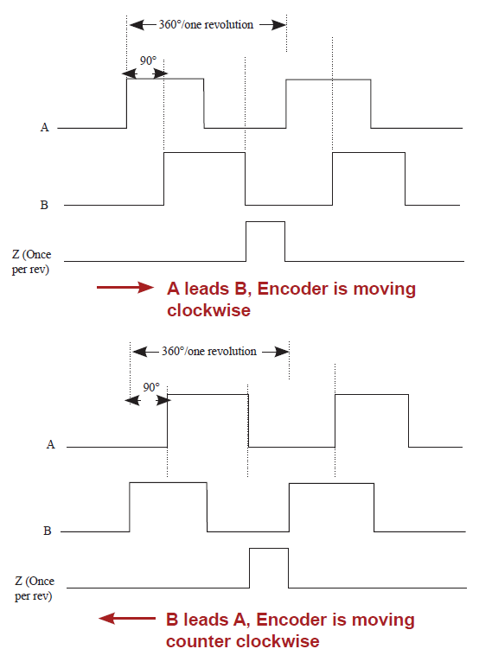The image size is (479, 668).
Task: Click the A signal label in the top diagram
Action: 45,127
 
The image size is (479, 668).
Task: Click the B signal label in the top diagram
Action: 44,205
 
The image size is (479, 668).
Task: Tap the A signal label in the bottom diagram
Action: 51,445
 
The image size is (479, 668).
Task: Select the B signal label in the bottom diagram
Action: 48,531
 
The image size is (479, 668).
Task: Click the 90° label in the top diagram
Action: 149,60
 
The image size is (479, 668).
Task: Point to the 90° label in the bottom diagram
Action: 151,387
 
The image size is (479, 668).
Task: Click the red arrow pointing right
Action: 125,288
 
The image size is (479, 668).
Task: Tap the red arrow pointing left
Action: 127,618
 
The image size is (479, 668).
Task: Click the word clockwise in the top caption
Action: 209,310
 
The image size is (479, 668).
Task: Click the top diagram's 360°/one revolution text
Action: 207,25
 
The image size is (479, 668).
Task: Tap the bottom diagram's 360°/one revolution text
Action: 209,352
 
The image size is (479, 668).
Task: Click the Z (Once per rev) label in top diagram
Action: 31,262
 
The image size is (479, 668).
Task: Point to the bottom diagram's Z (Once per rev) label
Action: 35,588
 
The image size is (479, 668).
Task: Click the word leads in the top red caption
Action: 207,289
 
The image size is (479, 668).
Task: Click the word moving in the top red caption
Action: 385,289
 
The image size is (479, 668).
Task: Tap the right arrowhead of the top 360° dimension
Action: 279,25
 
